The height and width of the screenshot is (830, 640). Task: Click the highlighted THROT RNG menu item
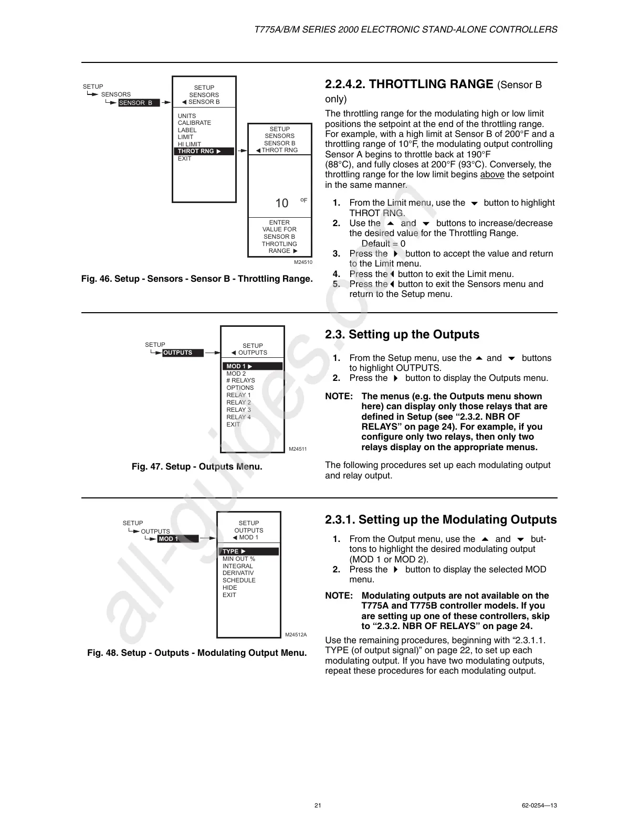[204, 151]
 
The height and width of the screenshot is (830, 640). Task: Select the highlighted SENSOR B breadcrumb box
[138, 103]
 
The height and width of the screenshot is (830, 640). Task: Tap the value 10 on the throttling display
[282, 203]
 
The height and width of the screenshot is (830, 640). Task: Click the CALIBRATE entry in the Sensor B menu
[194, 123]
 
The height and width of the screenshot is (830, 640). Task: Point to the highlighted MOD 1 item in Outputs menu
[253, 366]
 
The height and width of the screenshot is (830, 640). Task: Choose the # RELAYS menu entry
[240, 380]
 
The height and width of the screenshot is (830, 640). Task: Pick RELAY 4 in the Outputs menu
[238, 417]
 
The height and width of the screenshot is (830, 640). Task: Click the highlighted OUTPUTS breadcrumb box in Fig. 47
[182, 353]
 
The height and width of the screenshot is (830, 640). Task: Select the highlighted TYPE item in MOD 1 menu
[248, 551]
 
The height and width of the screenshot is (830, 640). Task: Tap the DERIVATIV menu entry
[238, 573]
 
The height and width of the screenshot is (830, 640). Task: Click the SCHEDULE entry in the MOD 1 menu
[239, 580]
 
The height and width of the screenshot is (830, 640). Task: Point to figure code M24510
[303, 262]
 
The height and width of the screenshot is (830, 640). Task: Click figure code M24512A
[296, 635]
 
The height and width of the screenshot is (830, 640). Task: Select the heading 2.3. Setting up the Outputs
[402, 335]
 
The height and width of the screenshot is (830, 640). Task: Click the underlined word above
[492, 175]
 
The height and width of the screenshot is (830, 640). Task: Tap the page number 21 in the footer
[318, 805]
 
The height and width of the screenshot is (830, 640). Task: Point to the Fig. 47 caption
[197, 466]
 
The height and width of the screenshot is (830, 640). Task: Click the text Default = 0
[383, 243]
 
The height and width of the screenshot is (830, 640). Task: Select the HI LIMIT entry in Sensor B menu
[189, 144]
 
